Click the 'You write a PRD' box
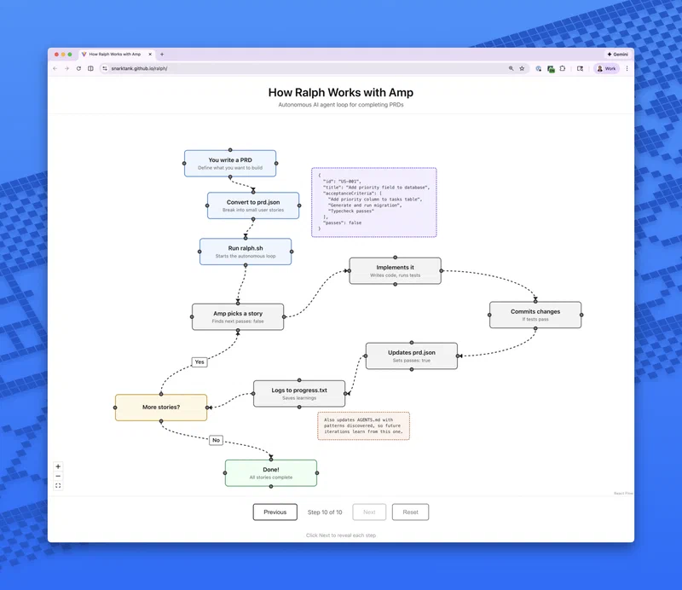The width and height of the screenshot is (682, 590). click(x=230, y=163)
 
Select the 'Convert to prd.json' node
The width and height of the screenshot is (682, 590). click(x=253, y=205)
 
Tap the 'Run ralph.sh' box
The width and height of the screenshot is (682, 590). click(x=246, y=251)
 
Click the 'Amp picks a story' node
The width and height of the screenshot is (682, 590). click(x=238, y=316)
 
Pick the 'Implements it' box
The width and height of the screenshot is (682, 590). click(x=395, y=270)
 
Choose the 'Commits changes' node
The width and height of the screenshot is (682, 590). click(x=535, y=315)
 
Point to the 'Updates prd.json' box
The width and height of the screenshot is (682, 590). click(x=412, y=356)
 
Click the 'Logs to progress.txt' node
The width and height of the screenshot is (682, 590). click(x=299, y=393)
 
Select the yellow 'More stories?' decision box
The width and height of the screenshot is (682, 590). click(x=161, y=408)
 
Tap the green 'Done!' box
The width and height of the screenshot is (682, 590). click(x=271, y=472)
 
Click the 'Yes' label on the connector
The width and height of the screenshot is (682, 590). click(x=199, y=362)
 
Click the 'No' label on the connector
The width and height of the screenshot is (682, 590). click(x=216, y=440)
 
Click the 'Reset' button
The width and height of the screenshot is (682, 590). click(x=410, y=512)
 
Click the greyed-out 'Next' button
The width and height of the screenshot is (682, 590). click(x=369, y=512)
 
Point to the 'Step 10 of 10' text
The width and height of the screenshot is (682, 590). click(x=325, y=512)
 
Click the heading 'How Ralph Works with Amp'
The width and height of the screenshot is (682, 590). click(x=341, y=92)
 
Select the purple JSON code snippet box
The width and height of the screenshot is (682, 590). click(x=373, y=202)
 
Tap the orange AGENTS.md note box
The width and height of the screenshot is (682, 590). click(x=363, y=425)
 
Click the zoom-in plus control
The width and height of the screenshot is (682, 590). click(x=58, y=466)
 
